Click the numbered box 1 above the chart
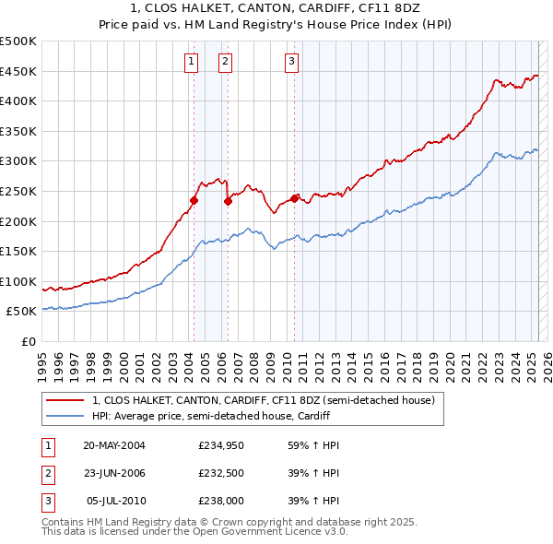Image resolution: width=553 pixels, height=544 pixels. coord(191,62)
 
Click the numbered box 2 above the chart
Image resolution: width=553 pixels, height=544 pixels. coord(225,62)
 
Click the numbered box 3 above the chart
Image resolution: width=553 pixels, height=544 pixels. coord(291,62)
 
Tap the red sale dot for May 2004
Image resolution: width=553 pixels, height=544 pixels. coord(194,200)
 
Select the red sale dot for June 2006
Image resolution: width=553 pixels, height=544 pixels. coord(228,202)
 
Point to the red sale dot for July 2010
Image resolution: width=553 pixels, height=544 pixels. coord(294,198)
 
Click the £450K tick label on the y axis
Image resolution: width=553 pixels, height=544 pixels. coord(18,71)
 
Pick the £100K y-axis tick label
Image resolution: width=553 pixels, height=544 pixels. coord(18,281)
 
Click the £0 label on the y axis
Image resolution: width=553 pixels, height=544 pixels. coord(28,341)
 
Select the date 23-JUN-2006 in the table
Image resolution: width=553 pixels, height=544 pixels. coord(113,474)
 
